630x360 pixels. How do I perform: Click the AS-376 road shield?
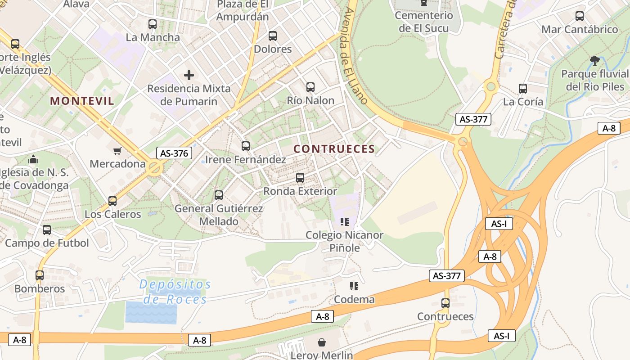coord(174,153)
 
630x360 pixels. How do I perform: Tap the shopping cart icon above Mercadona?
coord(117,151)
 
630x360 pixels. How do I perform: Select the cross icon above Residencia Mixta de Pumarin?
coord(189,75)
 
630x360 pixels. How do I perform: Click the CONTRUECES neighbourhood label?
coord(334,149)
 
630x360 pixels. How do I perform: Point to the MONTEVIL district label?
coord(82,101)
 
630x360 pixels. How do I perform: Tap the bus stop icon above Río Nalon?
coord(310,87)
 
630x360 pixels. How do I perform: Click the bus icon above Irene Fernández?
coord(245,146)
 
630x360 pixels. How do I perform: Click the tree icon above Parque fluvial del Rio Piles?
coord(595,61)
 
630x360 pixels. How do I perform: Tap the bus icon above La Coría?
coord(523,89)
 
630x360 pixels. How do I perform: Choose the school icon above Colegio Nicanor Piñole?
coord(344,221)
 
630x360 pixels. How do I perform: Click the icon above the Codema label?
coord(354,286)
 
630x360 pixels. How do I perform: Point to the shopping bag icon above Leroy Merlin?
coord(322,342)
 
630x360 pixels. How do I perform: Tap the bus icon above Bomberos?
coord(40,275)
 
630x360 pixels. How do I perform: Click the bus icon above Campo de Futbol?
coord(47,230)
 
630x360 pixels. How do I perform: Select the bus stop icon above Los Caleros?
coord(112,201)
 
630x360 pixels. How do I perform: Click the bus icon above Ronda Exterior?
coord(300,178)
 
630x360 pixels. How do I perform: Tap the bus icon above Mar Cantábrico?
coord(580,16)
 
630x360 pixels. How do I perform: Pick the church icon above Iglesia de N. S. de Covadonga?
coord(33,159)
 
